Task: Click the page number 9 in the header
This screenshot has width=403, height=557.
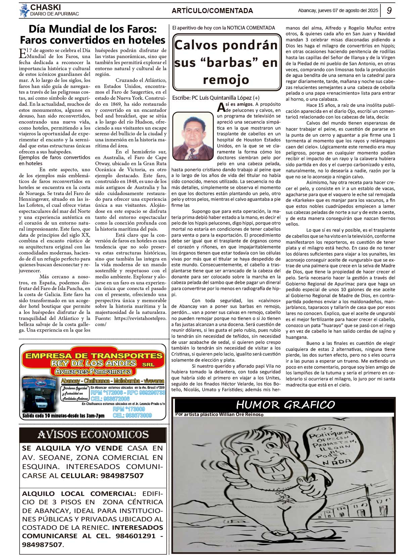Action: (389, 10)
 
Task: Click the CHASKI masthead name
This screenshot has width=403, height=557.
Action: (46, 7)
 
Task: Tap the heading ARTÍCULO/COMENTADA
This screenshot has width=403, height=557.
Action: (212, 11)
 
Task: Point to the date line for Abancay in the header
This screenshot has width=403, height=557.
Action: (338, 10)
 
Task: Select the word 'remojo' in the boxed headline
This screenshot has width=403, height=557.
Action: (226, 80)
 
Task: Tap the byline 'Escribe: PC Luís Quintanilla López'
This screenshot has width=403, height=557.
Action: (216, 98)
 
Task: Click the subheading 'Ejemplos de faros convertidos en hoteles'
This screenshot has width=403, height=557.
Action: (54, 160)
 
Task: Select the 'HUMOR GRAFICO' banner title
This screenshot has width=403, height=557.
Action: (285, 405)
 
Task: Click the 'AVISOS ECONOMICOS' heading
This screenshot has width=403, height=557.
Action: (93, 435)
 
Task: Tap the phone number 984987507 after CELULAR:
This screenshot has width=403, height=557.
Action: (122, 476)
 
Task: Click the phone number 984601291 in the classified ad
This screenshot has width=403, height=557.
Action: (135, 536)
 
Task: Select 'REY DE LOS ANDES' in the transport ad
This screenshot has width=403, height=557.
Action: (94, 363)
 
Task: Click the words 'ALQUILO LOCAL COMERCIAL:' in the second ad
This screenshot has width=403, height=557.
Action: (79, 494)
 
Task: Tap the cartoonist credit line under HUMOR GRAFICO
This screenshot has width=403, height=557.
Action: (219, 414)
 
